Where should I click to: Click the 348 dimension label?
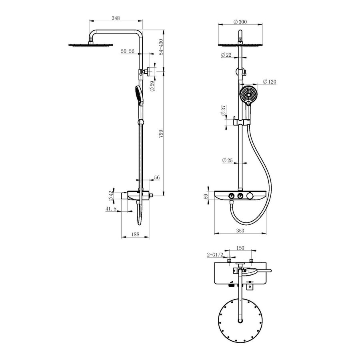pyautogui.click(x=116, y=18)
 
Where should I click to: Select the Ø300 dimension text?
pyautogui.click(x=240, y=22)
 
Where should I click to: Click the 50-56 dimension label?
pyautogui.click(x=128, y=51)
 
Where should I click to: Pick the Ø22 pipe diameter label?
pyautogui.click(x=226, y=55)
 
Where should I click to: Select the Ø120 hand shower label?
pyautogui.click(x=270, y=82)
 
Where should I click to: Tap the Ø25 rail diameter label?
pyautogui.click(x=228, y=160)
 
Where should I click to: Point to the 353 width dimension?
pyautogui.click(x=240, y=230)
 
